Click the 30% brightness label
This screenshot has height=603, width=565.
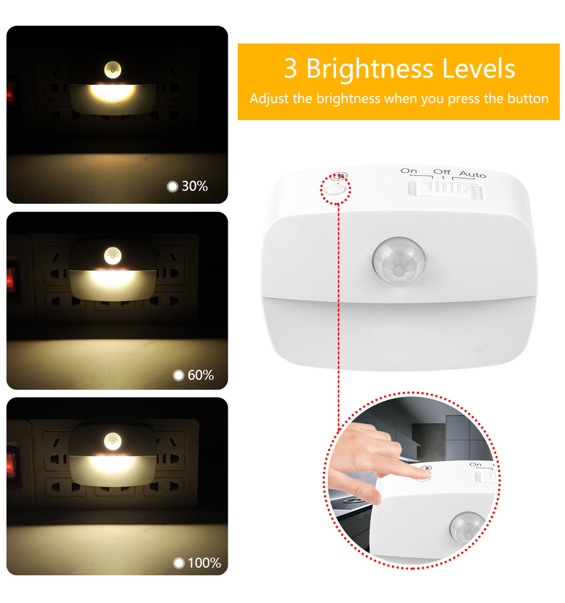click(x=194, y=186)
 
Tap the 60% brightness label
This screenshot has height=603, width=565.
click(x=201, y=375)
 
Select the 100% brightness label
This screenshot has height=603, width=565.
click(x=204, y=563)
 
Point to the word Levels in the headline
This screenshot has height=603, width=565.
click(x=478, y=68)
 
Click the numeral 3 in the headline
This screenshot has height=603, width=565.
click(x=291, y=69)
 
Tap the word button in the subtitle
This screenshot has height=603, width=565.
click(x=528, y=98)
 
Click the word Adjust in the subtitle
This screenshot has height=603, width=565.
click(x=269, y=99)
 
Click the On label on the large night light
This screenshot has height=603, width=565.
click(x=408, y=171)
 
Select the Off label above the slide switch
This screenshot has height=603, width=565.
click(x=441, y=172)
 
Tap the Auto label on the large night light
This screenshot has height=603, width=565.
click(x=473, y=174)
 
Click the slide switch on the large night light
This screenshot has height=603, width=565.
click(x=445, y=189)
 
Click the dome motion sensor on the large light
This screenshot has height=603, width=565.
click(x=399, y=261)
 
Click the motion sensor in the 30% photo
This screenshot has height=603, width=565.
click(x=112, y=69)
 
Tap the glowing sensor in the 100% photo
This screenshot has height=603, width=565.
click(x=112, y=441)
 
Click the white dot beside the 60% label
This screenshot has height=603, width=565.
click(x=178, y=375)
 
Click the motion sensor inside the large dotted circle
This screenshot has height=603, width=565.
click(x=466, y=528)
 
